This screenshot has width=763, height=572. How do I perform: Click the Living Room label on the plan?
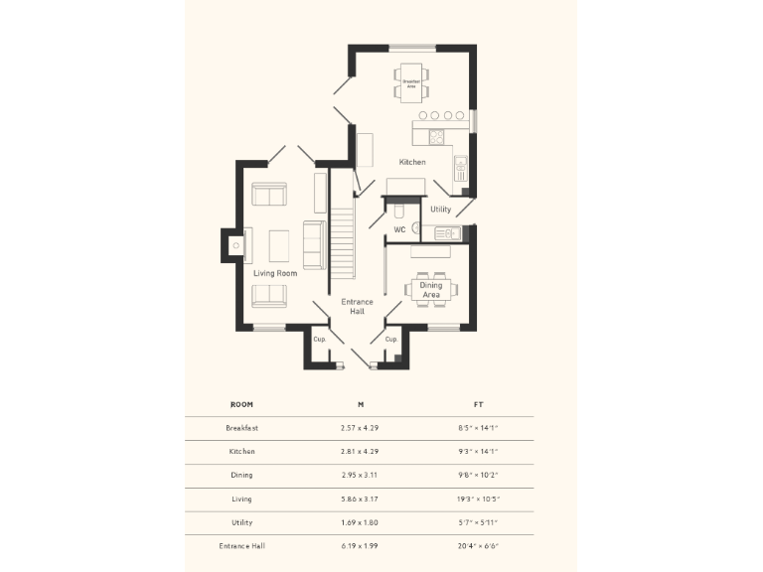click(x=275, y=273)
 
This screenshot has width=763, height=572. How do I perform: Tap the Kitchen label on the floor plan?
click(x=412, y=162)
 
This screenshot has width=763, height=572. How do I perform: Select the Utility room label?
click(x=440, y=210)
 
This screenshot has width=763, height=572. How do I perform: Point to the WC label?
click(x=398, y=230)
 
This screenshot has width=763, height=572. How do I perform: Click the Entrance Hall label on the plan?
click(x=357, y=306)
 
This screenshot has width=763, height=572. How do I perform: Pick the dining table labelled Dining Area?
click(x=431, y=289)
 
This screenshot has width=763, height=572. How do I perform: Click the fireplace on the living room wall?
click(x=234, y=244)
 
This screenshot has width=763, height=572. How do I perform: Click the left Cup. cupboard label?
click(x=319, y=339)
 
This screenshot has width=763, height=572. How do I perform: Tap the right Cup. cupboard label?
click(x=391, y=339)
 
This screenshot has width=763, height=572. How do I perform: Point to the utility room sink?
click(x=445, y=233)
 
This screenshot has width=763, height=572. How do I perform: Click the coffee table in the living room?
click(x=279, y=244)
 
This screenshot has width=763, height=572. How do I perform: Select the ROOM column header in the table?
click(x=241, y=405)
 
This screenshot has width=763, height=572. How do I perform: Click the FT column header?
click(x=479, y=405)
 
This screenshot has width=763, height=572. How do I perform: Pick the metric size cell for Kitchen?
click(x=360, y=452)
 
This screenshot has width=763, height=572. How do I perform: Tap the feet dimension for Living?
click(x=479, y=500)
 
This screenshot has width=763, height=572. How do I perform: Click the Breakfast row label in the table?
click(x=241, y=428)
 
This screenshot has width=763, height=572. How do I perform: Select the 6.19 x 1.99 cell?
click(x=360, y=546)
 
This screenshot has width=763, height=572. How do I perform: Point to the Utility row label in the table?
click(x=241, y=522)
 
